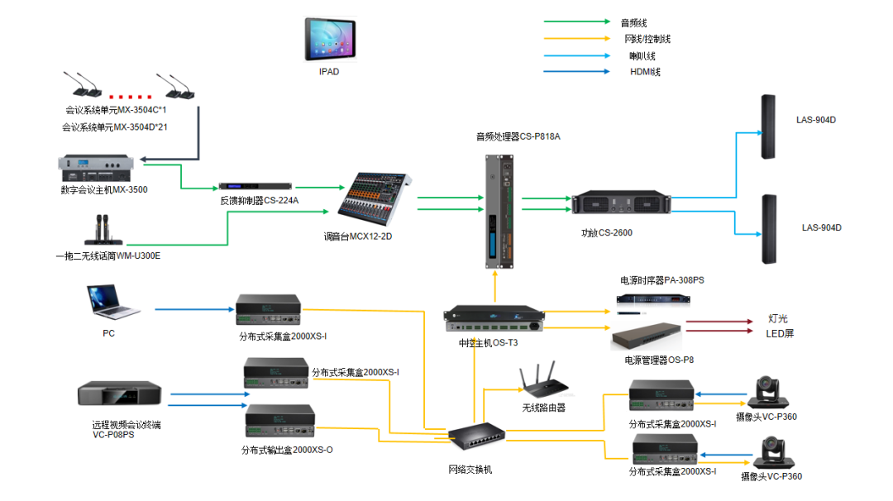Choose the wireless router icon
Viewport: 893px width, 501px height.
click(542, 382)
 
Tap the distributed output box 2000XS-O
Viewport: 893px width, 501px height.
click(281, 422)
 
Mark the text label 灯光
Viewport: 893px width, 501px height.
click(777, 318)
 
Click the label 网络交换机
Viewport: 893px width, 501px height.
click(470, 470)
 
